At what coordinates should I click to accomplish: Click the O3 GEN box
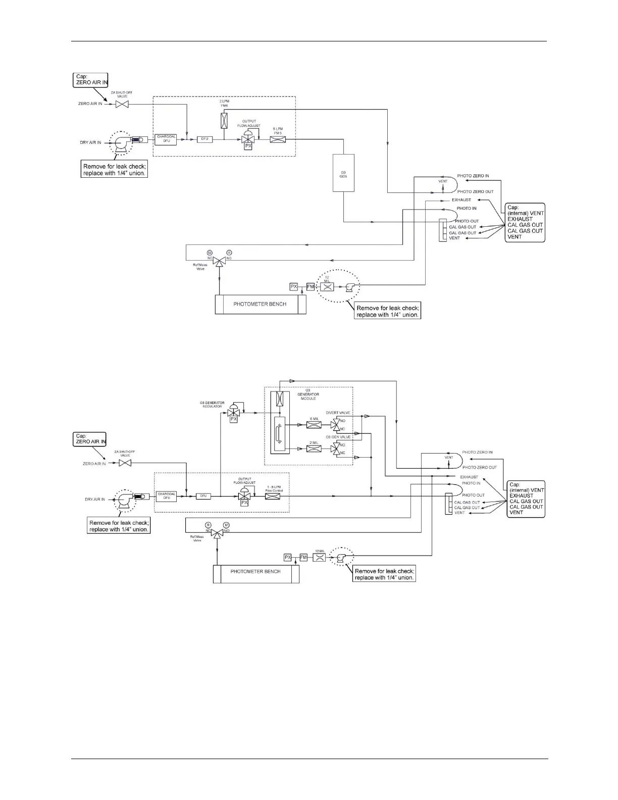(343, 173)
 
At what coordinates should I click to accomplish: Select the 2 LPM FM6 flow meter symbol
(224, 120)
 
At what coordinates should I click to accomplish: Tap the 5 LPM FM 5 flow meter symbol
(278, 139)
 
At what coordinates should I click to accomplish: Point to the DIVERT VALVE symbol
(334, 425)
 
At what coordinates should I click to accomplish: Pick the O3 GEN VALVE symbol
(334, 448)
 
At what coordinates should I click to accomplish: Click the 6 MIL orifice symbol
(314, 425)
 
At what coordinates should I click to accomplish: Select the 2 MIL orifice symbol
(314, 448)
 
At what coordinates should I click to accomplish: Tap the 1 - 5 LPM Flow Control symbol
(273, 496)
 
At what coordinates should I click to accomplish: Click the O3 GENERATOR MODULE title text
(308, 394)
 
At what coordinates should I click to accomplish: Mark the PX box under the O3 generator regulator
(234, 419)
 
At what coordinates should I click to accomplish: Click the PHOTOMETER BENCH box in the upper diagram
(260, 304)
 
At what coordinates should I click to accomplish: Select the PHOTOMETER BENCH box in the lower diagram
(256, 571)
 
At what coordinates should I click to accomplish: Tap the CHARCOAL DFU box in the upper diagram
(166, 140)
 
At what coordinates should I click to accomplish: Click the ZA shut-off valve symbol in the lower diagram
(125, 463)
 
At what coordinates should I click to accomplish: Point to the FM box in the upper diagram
(311, 287)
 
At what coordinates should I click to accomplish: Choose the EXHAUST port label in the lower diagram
(469, 477)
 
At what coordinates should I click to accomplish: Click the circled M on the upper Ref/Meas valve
(210, 252)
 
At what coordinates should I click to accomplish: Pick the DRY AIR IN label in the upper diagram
(90, 143)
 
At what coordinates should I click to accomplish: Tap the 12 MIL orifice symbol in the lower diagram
(320, 558)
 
